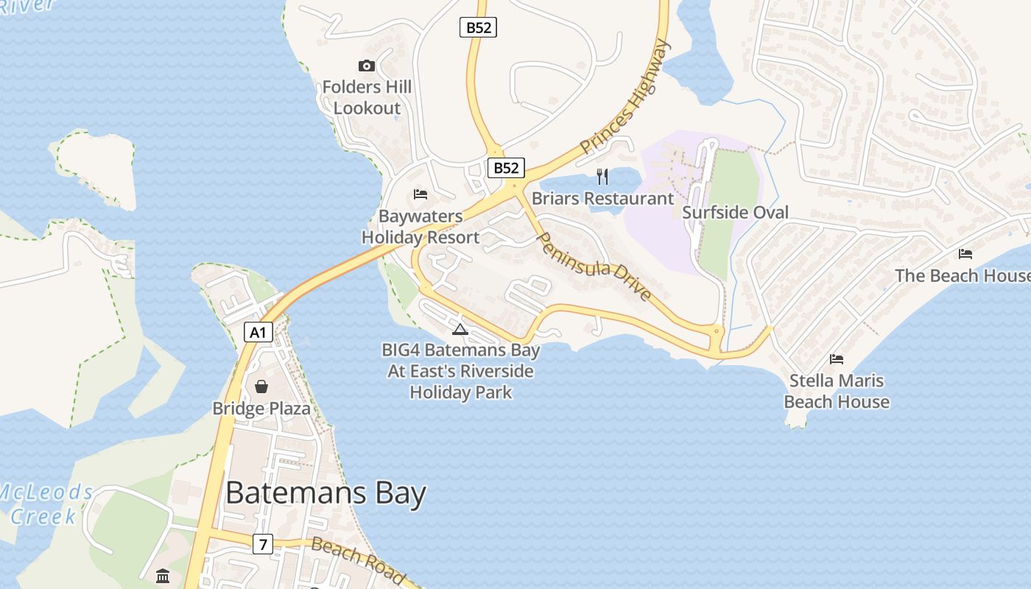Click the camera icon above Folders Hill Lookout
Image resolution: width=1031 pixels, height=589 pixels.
(x=366, y=66)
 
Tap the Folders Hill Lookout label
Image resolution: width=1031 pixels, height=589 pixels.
(x=367, y=97)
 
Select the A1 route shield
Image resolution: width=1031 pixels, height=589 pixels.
(x=258, y=332)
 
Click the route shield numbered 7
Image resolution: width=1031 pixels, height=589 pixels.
(x=262, y=544)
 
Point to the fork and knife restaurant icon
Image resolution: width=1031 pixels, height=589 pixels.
(x=602, y=176)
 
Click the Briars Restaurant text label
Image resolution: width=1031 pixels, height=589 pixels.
(x=602, y=199)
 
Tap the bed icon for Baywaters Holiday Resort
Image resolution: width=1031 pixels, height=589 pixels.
(x=421, y=194)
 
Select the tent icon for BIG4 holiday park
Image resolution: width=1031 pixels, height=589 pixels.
(x=460, y=329)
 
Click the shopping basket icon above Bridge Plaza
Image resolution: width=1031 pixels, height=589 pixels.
(x=261, y=387)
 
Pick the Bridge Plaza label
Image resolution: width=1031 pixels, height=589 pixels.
(x=261, y=409)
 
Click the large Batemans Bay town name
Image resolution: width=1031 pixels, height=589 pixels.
(x=326, y=493)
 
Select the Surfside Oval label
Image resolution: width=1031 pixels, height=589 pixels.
(x=735, y=213)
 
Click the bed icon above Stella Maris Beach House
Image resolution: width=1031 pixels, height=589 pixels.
(x=837, y=359)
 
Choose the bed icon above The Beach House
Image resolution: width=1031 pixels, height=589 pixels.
(x=965, y=254)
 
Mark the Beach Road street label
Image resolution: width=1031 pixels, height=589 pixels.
(x=358, y=560)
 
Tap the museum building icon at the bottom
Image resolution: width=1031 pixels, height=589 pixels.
(x=163, y=576)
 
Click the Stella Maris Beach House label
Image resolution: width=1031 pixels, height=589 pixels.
(x=837, y=391)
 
